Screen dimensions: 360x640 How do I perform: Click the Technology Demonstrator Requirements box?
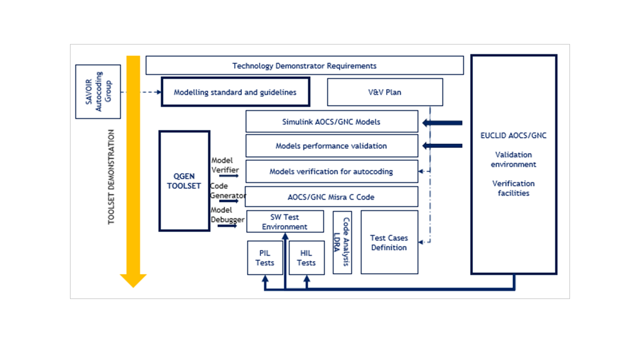tap(304, 65)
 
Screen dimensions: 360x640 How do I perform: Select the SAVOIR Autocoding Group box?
tap(98, 91)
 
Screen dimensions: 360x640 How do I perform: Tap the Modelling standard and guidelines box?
tap(235, 92)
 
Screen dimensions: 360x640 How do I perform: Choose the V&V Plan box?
tap(384, 92)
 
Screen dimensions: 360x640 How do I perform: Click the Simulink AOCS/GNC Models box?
tap(331, 121)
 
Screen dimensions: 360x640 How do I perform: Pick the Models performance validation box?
tap(331, 146)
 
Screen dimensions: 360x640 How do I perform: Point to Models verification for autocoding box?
tap(331, 171)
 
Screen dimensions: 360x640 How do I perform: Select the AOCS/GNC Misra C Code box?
tap(331, 197)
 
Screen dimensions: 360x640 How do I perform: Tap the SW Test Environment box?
tap(285, 222)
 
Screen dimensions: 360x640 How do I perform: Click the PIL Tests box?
tap(264, 257)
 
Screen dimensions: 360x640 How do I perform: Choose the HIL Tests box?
tap(306, 257)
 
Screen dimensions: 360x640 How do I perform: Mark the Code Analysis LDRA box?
tap(342, 242)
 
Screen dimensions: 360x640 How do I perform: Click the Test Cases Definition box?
tap(389, 242)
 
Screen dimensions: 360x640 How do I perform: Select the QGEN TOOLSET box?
tap(184, 181)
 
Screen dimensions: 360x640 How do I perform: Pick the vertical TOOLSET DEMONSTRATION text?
tap(111, 177)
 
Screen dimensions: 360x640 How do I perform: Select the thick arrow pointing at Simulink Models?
tap(442, 122)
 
